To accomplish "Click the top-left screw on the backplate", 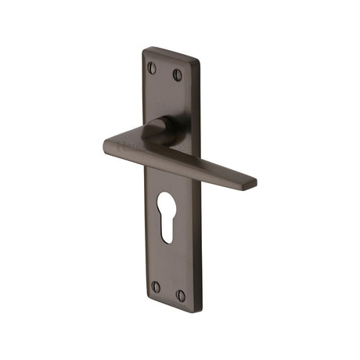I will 152,68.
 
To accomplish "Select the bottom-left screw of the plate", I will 155,286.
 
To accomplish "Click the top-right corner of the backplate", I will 197,61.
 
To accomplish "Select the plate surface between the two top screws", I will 164,72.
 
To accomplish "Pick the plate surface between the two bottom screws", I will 167,291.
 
